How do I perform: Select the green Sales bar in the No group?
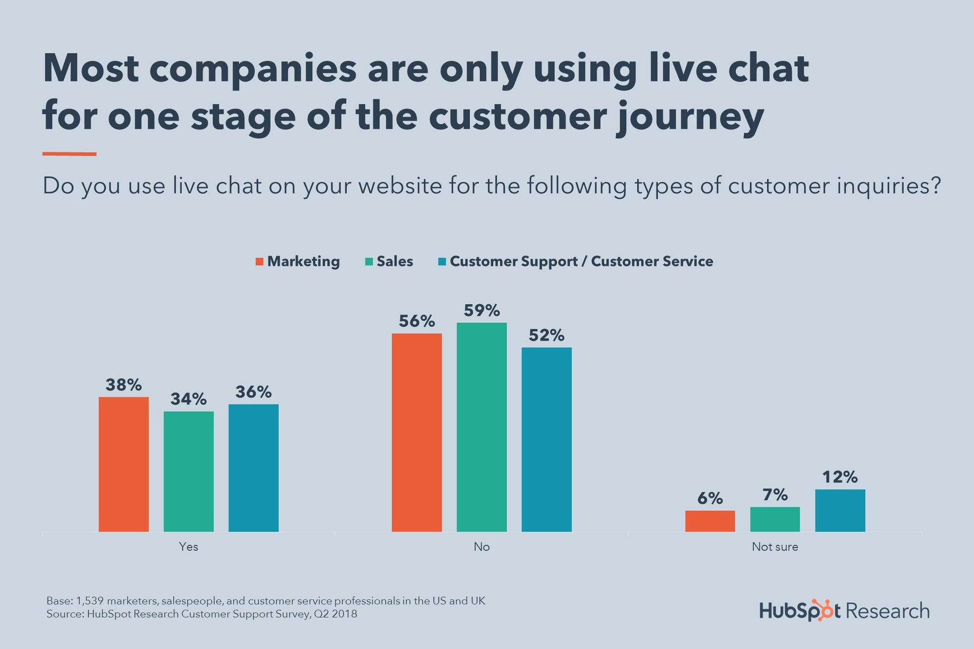482,427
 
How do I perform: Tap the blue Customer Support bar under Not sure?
840,510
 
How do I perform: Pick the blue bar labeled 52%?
546,439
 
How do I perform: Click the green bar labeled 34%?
188,471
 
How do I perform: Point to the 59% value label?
482,311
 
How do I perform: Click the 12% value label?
840,477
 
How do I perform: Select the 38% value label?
124,385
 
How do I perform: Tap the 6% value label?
710,499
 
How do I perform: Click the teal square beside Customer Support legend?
442,261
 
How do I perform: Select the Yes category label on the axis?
188,547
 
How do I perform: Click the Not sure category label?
775,547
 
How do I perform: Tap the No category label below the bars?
482,547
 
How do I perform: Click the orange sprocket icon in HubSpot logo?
825,610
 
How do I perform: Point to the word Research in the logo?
887,611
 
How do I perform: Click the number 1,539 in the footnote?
90,601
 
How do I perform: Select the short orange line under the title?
69,154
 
